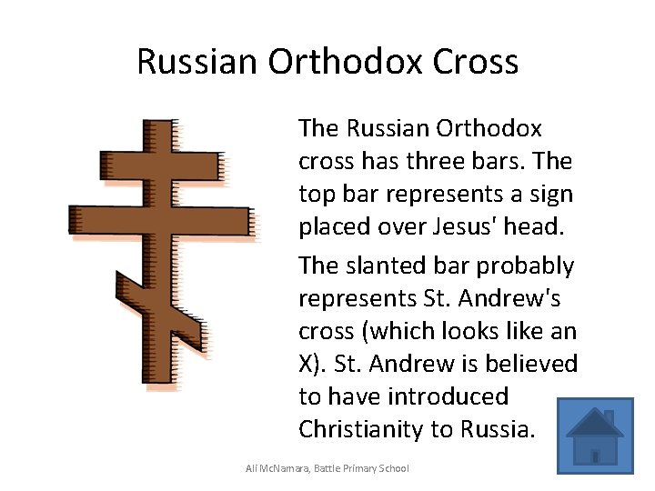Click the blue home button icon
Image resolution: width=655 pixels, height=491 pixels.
point(595,435)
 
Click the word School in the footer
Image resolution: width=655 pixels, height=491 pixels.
point(391,468)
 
